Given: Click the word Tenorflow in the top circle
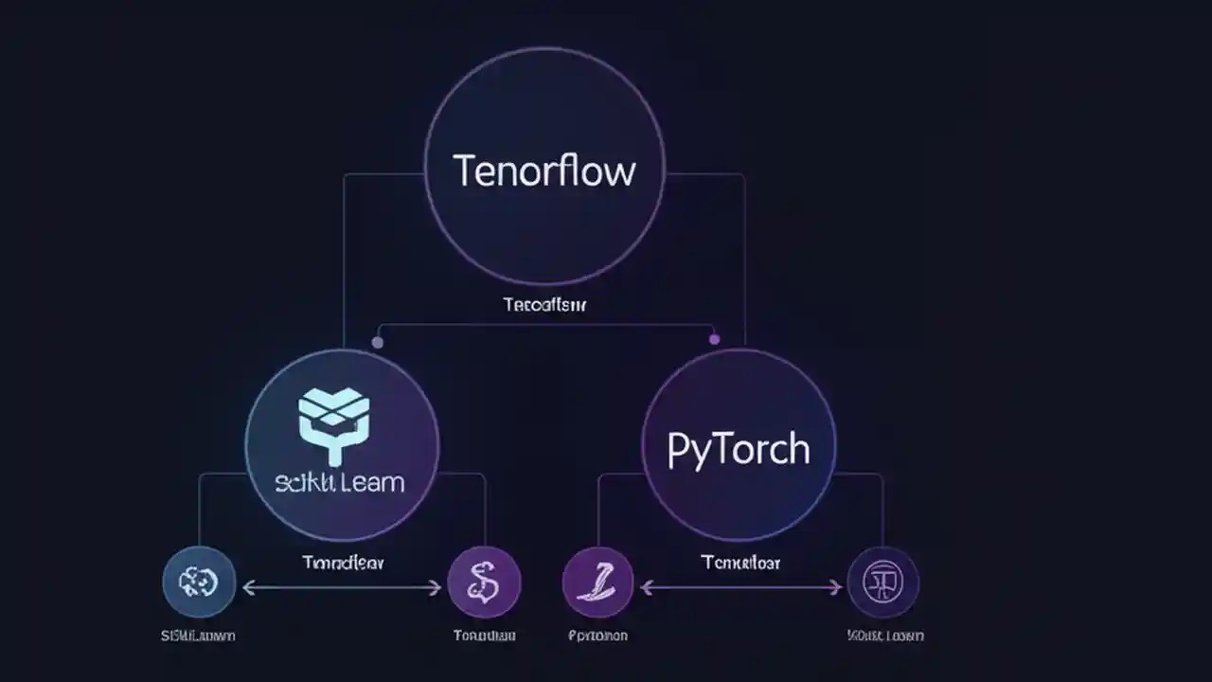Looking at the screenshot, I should [x=544, y=171].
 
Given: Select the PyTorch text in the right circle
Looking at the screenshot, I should [x=738, y=449].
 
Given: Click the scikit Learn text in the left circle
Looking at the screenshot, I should [x=340, y=482].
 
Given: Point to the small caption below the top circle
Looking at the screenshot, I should [x=544, y=305].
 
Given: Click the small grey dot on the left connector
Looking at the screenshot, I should [x=378, y=342].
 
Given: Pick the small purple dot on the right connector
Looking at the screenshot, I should [x=714, y=338].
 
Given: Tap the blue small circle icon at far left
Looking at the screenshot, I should [x=198, y=582].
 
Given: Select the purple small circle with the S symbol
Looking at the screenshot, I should [x=483, y=582].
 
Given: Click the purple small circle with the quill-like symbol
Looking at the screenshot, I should [x=597, y=582].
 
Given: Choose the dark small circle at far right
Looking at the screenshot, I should [x=882, y=582].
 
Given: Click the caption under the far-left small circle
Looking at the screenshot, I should [x=198, y=636].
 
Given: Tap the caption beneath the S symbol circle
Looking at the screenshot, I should [x=484, y=636].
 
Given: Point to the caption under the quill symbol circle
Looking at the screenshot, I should [x=597, y=636].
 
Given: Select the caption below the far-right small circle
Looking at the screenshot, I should [x=884, y=636].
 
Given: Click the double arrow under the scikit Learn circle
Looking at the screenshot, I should [x=342, y=588].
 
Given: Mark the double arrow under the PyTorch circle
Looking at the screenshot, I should [x=740, y=588].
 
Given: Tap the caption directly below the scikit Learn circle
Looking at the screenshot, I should [x=343, y=563].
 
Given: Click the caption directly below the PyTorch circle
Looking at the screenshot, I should [x=740, y=563].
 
